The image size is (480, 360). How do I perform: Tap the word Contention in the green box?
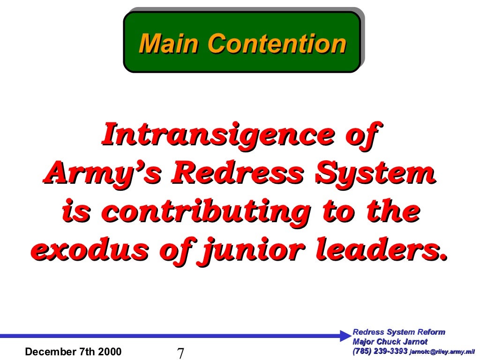(x=277, y=44)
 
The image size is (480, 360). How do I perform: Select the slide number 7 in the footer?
(x=180, y=353)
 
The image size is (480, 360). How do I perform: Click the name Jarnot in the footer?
(x=414, y=342)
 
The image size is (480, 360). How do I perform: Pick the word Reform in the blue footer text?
(x=432, y=332)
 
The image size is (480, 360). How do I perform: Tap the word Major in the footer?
(x=363, y=342)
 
